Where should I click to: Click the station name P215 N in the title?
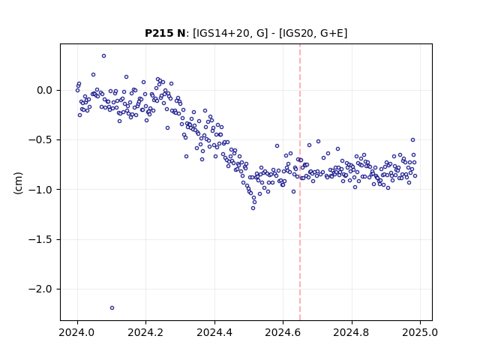(x=165, y=33)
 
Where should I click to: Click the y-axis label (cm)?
(x=18, y=183)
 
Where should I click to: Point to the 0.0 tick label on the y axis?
(x=45, y=91)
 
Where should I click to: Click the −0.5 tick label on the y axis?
(x=40, y=140)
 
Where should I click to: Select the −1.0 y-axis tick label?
(x=40, y=190)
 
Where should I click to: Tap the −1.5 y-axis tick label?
(x=40, y=239)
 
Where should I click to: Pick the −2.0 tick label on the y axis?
(x=40, y=289)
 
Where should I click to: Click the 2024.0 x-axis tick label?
(x=77, y=332)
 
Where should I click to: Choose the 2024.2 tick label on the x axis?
(x=146, y=332)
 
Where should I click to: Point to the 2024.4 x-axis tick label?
(x=214, y=332)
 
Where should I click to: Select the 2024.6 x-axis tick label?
(x=283, y=332)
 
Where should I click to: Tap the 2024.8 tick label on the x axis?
(x=352, y=332)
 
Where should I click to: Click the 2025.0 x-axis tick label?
(x=420, y=332)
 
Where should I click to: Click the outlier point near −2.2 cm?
(x=112, y=308)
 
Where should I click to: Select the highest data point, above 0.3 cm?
(x=103, y=56)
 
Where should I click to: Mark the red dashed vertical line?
(x=300, y=182)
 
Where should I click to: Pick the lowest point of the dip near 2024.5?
(x=253, y=208)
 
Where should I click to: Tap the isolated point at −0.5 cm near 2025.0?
(x=412, y=140)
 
